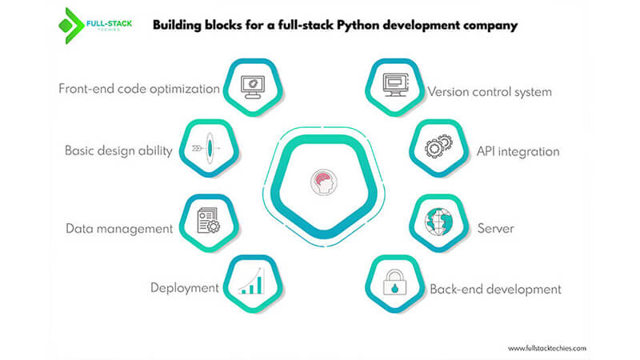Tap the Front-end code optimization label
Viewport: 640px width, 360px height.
click(138, 89)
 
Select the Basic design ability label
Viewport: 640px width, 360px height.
click(118, 150)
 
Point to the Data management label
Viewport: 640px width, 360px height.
click(118, 228)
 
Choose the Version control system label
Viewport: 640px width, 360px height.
click(490, 92)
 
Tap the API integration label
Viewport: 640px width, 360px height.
click(518, 150)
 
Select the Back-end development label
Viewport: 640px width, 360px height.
click(495, 289)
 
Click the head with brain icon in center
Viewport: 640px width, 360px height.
click(320, 181)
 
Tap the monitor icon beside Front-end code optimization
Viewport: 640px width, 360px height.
click(254, 84)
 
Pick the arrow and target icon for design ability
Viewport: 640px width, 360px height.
click(206, 149)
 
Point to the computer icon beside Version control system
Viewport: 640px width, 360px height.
click(394, 84)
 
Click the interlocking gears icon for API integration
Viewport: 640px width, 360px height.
click(438, 148)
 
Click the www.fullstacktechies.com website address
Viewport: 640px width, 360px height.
click(547, 348)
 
